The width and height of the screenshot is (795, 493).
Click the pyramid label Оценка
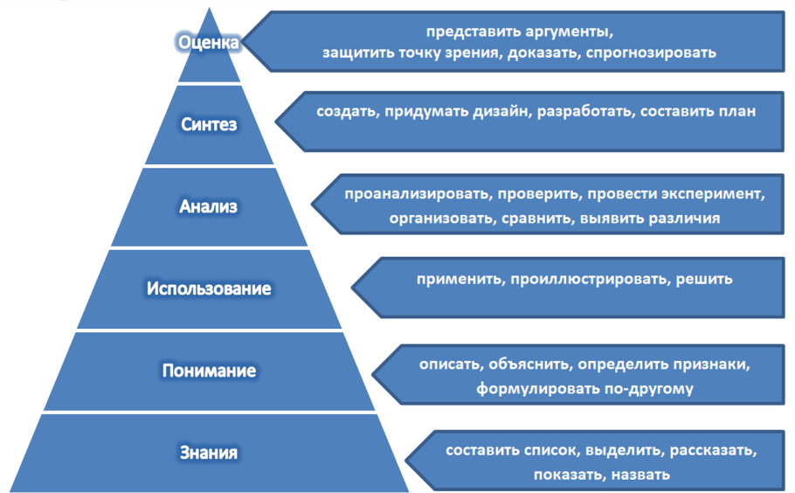[x=208, y=43]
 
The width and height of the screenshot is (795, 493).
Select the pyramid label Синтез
[x=209, y=125]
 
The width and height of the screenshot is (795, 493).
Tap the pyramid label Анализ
[x=209, y=207]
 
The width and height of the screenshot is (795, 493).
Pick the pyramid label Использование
[x=209, y=288]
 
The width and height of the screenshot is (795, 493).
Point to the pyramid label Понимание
[x=209, y=371]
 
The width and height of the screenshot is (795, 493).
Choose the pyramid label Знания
[x=209, y=453]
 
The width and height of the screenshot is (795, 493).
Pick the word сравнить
[x=536, y=219]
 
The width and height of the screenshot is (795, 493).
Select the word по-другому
[x=649, y=388]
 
